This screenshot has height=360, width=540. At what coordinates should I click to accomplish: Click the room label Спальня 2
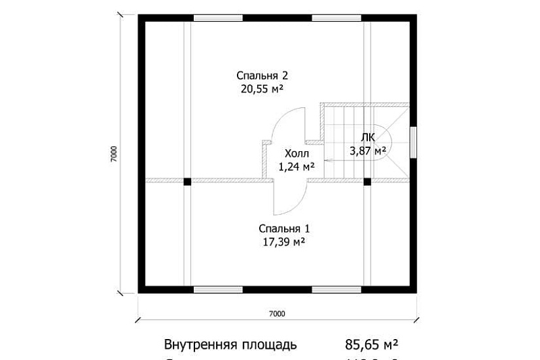[x=262, y=75]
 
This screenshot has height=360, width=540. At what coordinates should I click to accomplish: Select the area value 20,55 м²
[x=262, y=88]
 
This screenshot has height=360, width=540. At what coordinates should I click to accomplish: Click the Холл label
[x=293, y=154]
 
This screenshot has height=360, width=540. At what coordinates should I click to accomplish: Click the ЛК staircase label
[x=368, y=137]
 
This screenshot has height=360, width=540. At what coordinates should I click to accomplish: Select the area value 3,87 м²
[x=368, y=150]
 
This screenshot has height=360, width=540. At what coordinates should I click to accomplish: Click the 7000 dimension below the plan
[x=277, y=313]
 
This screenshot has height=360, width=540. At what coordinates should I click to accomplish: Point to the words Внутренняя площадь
[x=231, y=344]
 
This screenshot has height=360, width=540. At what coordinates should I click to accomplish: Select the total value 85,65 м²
[x=372, y=344]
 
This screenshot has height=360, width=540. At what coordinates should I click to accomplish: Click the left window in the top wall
[x=218, y=18]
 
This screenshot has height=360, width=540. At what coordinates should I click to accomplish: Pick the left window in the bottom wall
[x=218, y=289]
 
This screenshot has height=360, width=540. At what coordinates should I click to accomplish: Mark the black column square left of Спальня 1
[x=187, y=181]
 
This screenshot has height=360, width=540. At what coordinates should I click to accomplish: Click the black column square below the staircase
[x=367, y=181]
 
